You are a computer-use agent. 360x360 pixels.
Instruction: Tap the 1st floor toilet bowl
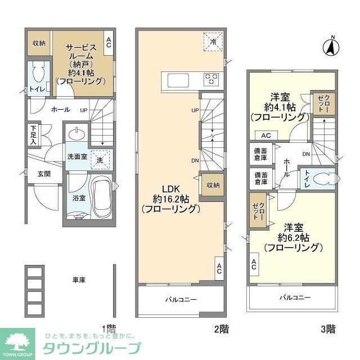click(x=39, y=74)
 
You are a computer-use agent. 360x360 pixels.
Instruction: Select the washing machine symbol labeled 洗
click(x=101, y=159)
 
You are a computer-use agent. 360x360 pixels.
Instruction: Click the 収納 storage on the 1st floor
click(x=38, y=43)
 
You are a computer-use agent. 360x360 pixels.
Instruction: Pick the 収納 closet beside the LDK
click(x=212, y=185)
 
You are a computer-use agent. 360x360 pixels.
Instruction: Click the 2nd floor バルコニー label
click(x=181, y=300)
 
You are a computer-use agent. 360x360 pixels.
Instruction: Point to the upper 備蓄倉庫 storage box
click(x=260, y=154)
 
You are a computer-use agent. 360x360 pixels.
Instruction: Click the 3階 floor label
click(x=328, y=328)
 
